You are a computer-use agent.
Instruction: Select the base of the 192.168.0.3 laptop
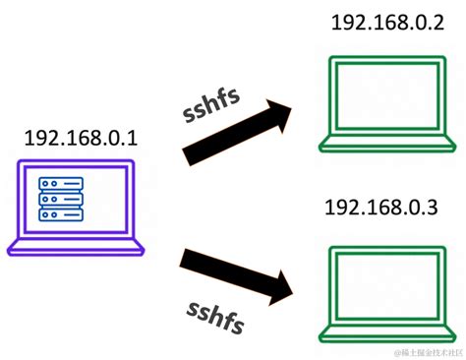point(386,331)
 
